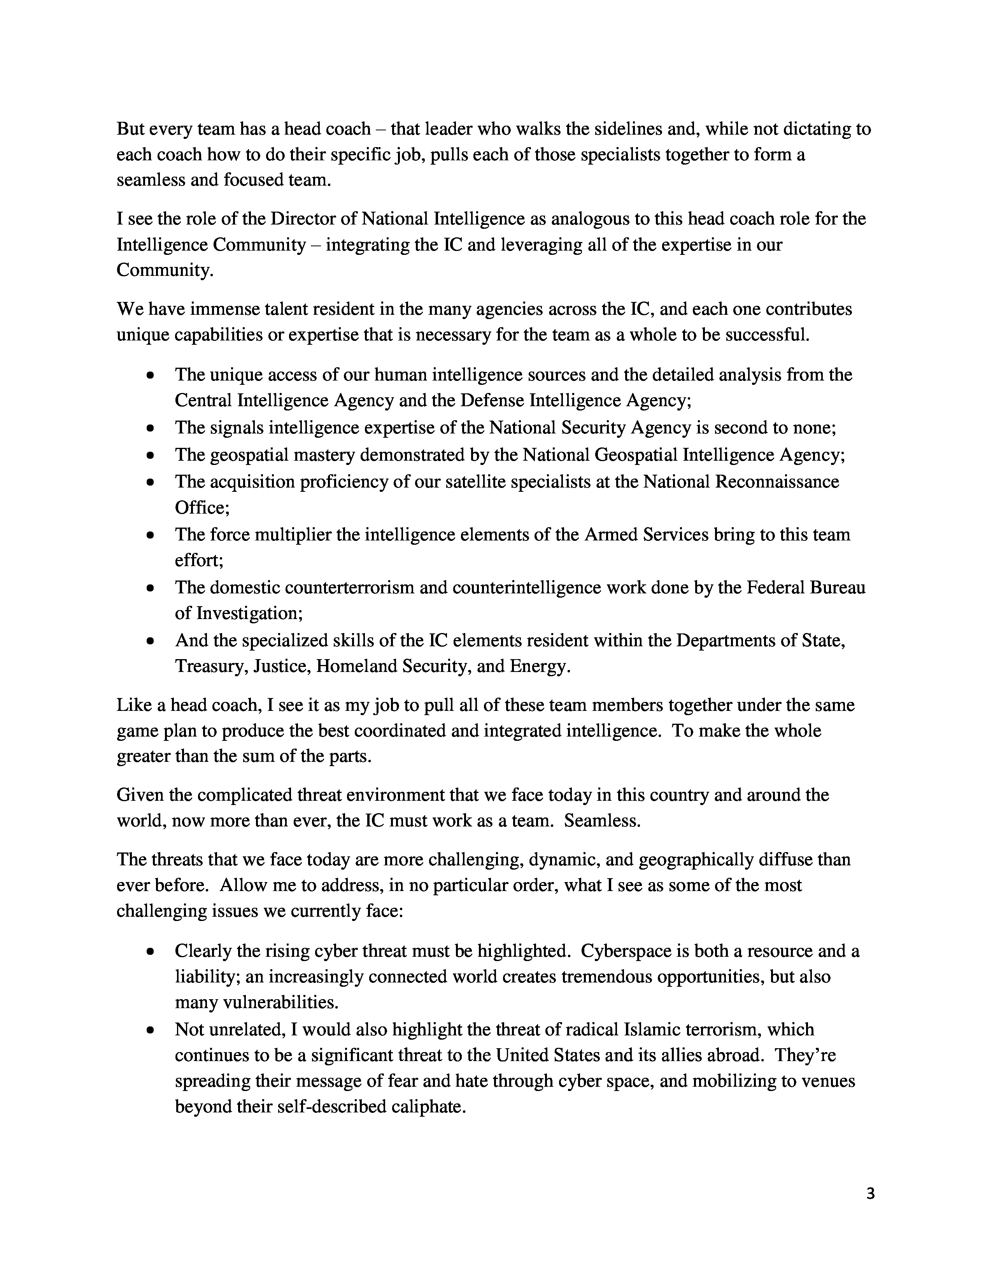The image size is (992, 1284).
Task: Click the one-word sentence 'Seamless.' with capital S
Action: (602, 820)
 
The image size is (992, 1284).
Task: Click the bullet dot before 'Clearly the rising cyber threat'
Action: (151, 951)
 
